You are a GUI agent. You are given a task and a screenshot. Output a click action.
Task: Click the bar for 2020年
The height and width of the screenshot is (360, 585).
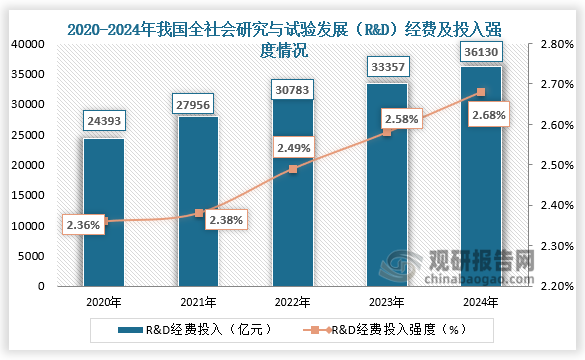103,212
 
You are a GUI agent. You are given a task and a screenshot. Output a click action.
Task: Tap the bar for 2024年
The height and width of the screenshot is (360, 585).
481,176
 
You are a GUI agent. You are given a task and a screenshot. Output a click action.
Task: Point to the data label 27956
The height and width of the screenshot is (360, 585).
198,103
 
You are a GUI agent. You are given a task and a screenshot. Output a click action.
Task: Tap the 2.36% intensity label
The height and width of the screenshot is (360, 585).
83,225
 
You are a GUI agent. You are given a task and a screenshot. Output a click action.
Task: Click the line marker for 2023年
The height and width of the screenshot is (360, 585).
387,132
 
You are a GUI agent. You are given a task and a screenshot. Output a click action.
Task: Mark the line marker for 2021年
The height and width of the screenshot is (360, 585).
198,213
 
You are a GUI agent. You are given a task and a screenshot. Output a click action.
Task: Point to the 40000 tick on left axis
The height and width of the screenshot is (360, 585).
26,45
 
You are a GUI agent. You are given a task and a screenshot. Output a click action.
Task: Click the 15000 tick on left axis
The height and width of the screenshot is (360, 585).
26,195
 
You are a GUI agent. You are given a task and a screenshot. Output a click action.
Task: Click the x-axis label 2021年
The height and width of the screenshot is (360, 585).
198,300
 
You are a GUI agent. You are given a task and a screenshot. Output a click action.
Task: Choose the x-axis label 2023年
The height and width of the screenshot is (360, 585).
387,300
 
